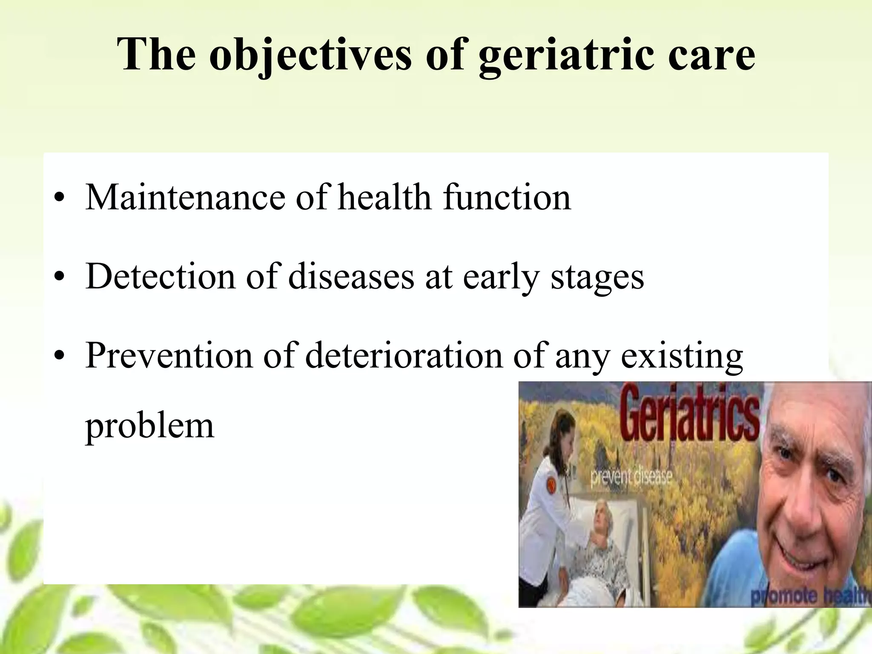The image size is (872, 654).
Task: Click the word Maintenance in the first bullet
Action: pos(185,197)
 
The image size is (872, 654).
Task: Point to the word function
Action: pos(507,197)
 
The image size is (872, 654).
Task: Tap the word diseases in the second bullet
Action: pos(351,276)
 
